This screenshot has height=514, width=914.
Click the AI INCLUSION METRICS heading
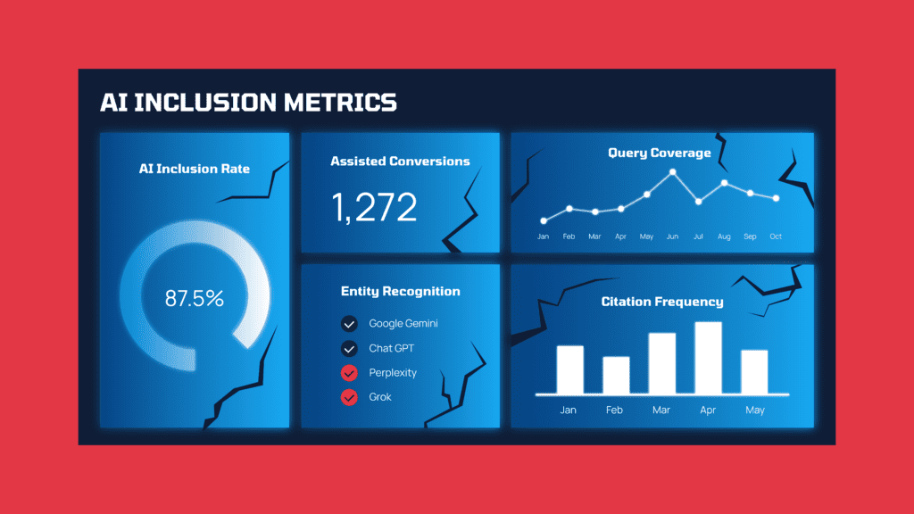[248, 102]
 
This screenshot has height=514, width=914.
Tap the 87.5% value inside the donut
[195, 298]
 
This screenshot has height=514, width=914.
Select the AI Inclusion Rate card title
[195, 169]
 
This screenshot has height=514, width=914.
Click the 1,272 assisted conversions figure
[374, 207]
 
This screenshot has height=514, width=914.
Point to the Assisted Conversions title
[400, 162]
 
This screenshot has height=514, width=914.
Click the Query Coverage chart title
[660, 153]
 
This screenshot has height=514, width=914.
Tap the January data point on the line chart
[544, 220]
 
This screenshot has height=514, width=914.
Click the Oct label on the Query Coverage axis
[776, 236]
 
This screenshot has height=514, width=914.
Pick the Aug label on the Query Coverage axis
[724, 236]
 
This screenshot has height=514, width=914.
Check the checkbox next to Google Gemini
[349, 324]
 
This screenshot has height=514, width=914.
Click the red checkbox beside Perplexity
[349, 373]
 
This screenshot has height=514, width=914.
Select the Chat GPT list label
[392, 348]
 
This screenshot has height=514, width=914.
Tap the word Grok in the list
[380, 397]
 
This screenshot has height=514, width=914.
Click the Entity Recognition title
[401, 291]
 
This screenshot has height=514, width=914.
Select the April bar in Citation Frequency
[708, 358]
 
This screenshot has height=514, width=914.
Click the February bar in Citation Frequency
[616, 375]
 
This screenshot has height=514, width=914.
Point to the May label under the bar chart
[754, 410]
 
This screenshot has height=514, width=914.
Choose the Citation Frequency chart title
[662, 302]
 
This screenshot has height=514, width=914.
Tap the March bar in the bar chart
[661, 363]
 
